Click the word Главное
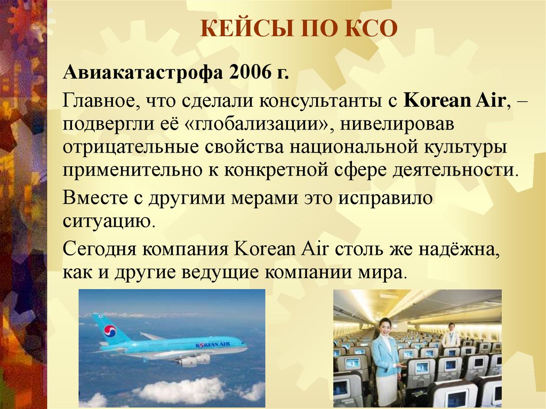tap(104, 101)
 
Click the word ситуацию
tap(109, 220)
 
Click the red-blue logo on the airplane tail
tap(109, 332)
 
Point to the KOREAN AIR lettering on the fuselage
tap(213, 345)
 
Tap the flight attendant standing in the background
tap(451, 336)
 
